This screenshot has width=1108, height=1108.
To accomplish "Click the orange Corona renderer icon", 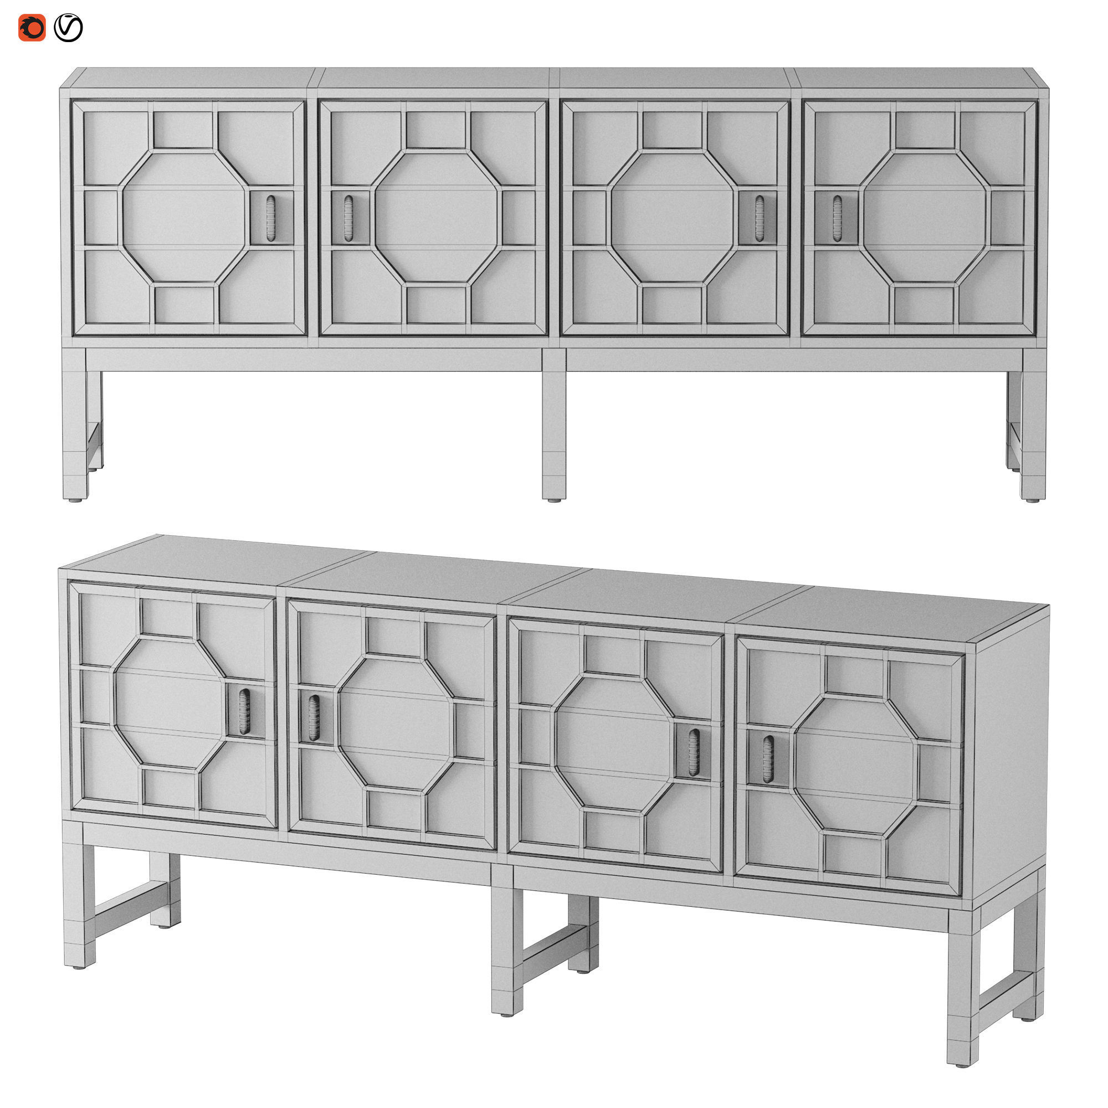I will [32, 28].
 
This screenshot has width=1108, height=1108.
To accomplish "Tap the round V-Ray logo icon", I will [68, 28].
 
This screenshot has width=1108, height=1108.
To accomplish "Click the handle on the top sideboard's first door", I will [271, 218].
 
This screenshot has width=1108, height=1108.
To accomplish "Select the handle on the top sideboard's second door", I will [348, 218].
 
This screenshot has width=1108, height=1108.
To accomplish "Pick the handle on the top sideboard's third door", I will [760, 218].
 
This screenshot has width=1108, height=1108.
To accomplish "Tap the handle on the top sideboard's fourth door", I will [837, 218].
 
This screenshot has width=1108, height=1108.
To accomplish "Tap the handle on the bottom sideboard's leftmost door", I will [244, 712].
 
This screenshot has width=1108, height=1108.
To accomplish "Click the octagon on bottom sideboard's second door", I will [395, 722].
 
